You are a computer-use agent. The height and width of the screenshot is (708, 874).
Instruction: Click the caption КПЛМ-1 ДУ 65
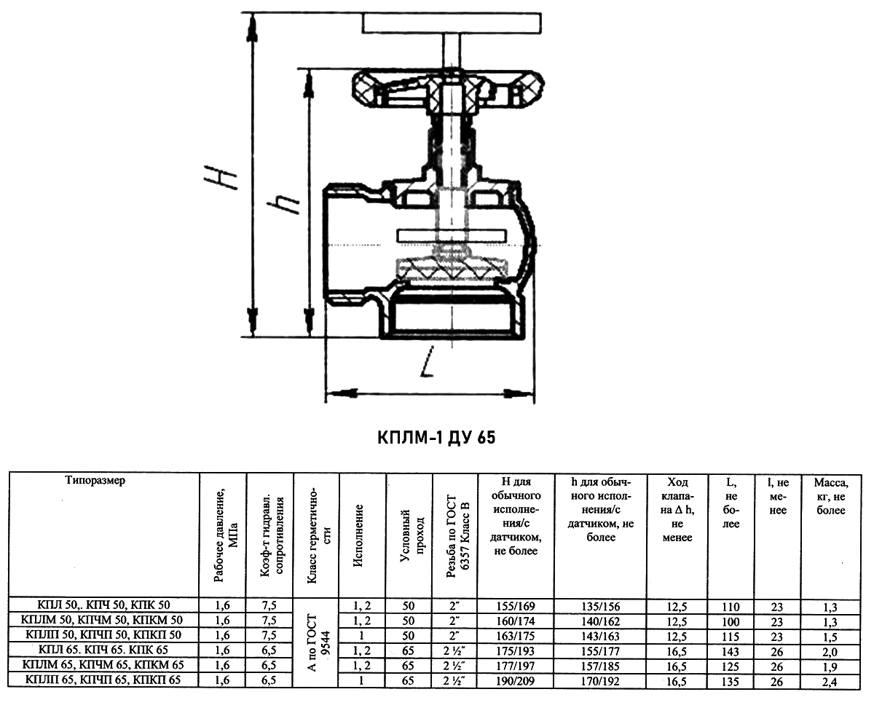click(x=436, y=438)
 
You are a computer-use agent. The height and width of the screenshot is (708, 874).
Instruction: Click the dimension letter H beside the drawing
click(x=221, y=177)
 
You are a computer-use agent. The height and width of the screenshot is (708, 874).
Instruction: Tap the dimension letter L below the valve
click(x=427, y=361)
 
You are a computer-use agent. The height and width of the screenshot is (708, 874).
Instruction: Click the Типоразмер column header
click(x=95, y=480)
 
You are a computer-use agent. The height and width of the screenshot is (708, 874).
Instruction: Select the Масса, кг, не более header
click(x=831, y=496)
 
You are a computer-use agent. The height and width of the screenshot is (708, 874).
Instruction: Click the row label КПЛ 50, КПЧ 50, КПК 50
click(x=103, y=605)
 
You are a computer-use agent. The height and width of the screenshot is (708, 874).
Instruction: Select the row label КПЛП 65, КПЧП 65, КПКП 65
click(x=103, y=680)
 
